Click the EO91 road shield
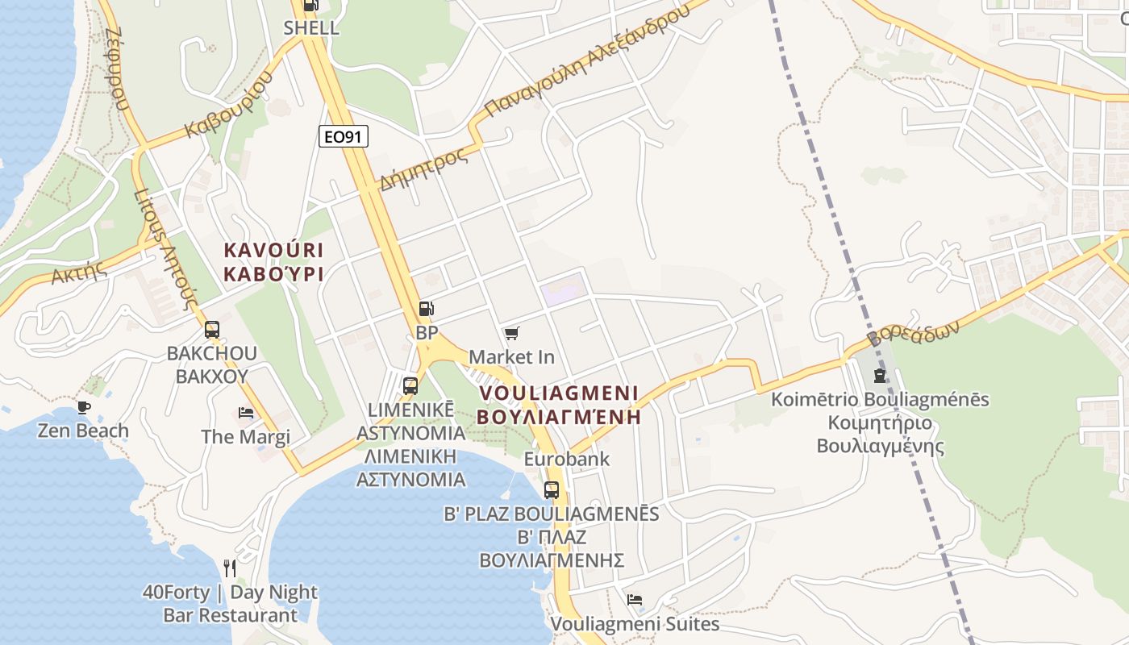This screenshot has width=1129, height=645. [343, 136]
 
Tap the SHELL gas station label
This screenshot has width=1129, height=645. [311, 27]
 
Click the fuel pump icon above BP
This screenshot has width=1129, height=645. [426, 308]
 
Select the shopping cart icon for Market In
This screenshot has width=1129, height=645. [511, 333]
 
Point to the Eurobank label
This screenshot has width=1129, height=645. [567, 459]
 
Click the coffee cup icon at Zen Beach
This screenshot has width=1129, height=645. [83, 407]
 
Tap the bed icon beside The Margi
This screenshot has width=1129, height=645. [246, 413]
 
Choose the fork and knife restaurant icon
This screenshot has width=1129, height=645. [230, 568]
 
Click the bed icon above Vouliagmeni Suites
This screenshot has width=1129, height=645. [635, 600]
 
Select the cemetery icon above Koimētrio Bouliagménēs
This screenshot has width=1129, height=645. [880, 376]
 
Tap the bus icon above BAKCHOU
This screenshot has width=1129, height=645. [212, 329]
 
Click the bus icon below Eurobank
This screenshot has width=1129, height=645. [552, 489]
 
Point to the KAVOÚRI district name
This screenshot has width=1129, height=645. [273, 249]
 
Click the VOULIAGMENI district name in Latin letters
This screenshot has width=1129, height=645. [558, 393]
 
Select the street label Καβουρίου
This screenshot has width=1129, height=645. [229, 105]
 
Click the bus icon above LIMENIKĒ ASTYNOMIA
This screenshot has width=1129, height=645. [410, 385]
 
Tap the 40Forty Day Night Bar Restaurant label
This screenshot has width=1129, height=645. [230, 604]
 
